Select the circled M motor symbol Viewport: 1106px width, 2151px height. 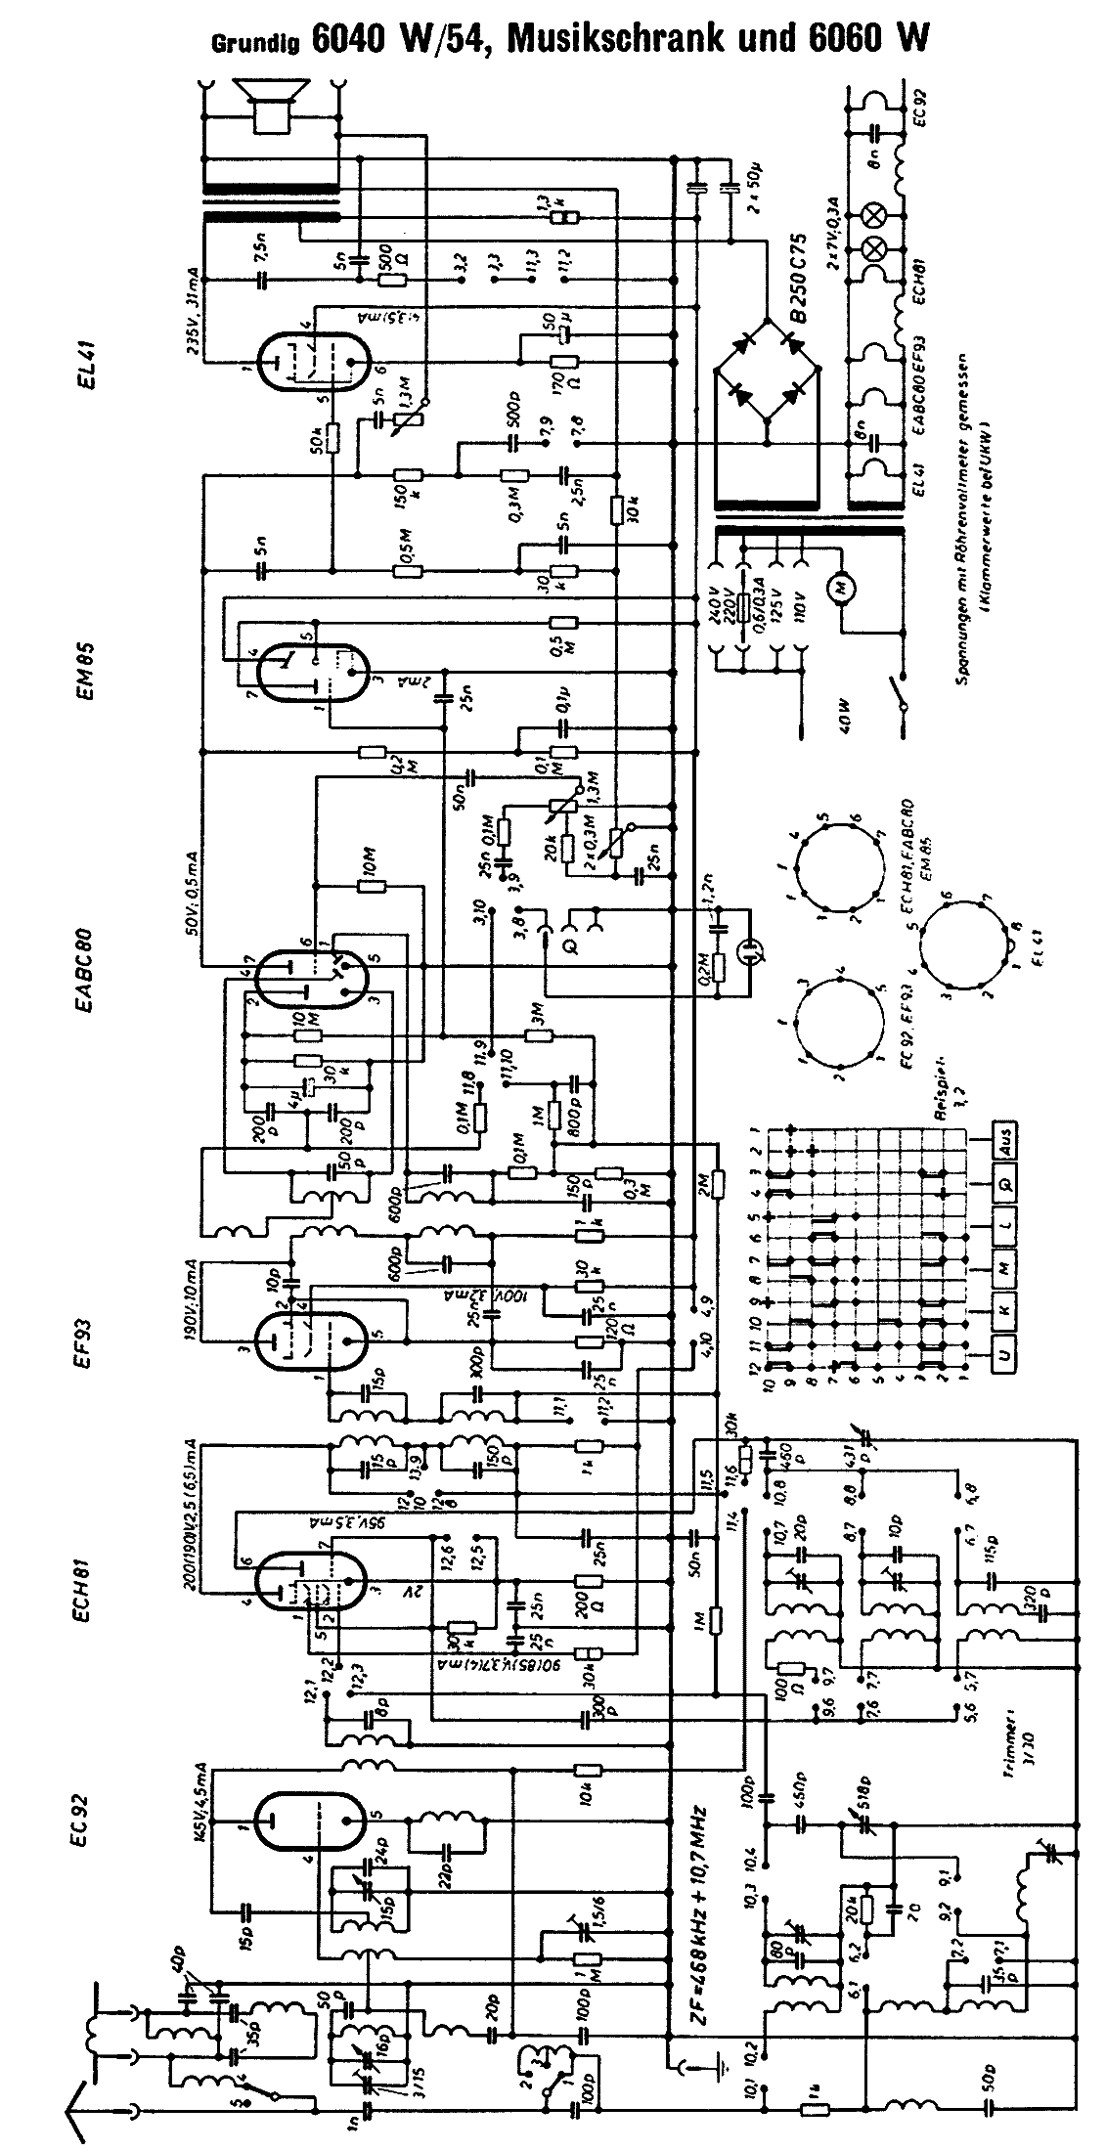pyautogui.click(x=840, y=588)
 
